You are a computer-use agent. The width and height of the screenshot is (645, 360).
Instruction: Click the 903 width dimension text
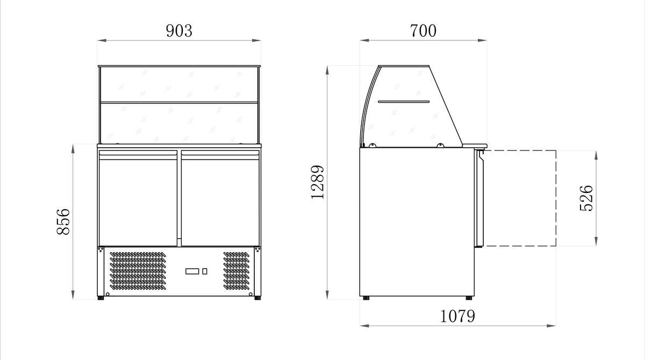(x=179, y=31)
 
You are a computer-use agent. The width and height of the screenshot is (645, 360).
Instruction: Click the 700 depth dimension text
(x=423, y=31)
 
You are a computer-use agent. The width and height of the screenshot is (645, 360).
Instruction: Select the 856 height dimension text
(x=63, y=221)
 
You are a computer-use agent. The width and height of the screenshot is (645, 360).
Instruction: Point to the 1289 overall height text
(x=318, y=182)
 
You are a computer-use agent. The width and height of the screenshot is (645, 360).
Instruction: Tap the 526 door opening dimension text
(x=587, y=198)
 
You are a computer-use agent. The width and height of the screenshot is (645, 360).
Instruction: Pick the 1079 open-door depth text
(x=457, y=316)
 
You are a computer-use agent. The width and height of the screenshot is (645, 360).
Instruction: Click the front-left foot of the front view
(x=101, y=297)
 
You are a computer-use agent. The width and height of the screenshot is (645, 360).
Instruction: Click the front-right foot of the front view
(x=258, y=297)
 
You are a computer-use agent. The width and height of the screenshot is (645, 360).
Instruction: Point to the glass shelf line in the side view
(x=404, y=101)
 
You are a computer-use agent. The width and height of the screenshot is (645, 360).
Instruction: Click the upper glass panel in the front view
(x=179, y=84)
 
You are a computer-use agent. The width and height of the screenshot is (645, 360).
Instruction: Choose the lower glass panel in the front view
(x=179, y=123)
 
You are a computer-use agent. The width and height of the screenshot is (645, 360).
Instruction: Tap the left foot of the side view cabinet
(x=366, y=298)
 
